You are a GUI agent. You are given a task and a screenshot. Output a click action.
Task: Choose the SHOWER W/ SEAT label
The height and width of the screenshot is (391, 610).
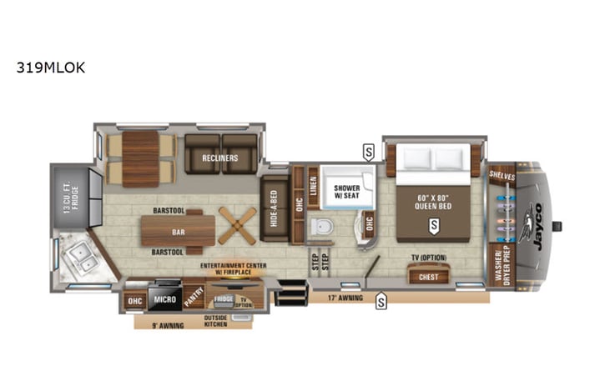[x=346, y=193]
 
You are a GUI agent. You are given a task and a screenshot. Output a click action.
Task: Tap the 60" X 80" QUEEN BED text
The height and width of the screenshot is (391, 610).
[x=433, y=202]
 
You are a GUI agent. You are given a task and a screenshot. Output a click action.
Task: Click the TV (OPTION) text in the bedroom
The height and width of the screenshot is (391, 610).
[x=428, y=257]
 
